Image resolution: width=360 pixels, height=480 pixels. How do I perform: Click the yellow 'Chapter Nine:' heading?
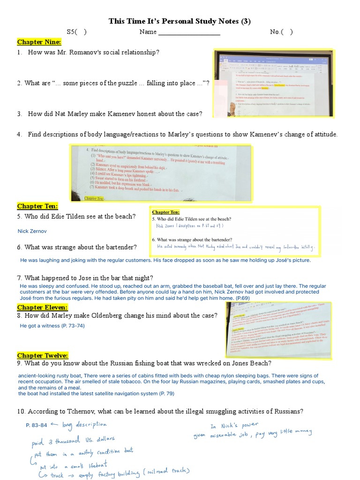click(x=39, y=42)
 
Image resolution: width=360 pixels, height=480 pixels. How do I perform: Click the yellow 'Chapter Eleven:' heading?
click(x=42, y=307)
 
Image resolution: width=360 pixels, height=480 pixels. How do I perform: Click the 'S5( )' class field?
click(x=76, y=32)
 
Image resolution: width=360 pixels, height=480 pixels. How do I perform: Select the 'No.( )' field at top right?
click(x=281, y=32)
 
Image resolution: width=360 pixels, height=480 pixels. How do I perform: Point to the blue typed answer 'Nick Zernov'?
click(x=32, y=231)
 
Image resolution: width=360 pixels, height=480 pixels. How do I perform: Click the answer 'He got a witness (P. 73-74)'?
click(x=52, y=326)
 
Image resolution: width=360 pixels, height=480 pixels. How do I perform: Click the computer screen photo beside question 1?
click(x=273, y=82)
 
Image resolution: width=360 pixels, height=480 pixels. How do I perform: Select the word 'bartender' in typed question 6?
click(x=120, y=247)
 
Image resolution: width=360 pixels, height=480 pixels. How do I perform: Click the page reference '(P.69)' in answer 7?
click(x=243, y=298)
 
